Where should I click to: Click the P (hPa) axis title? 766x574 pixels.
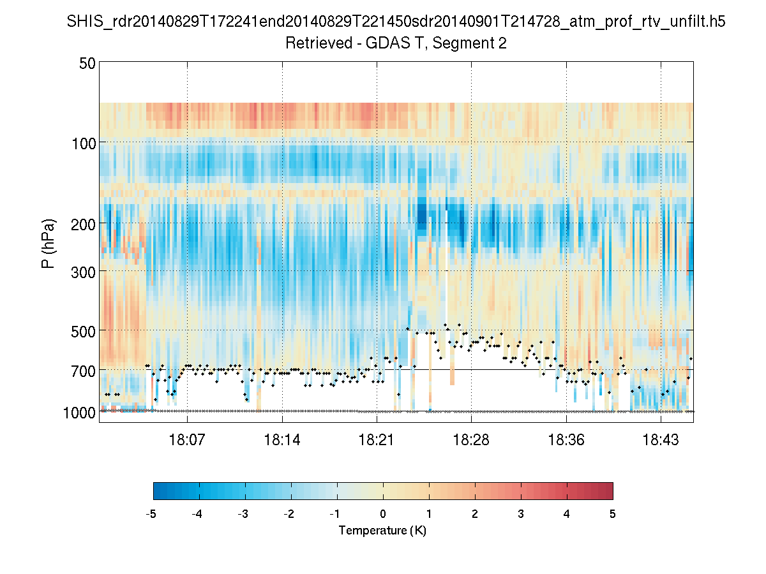(x=49, y=244)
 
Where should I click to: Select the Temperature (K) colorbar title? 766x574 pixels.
(x=382, y=531)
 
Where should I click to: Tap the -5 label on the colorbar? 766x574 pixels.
(x=151, y=513)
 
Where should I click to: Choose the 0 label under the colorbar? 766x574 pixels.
(x=383, y=513)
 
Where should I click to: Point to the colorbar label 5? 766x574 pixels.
(x=613, y=513)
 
